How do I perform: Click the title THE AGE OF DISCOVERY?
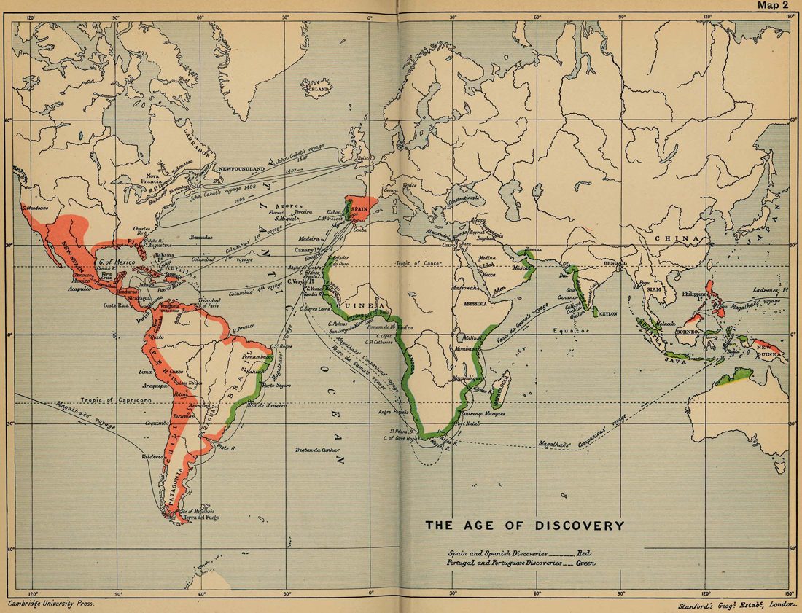[524, 525]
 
